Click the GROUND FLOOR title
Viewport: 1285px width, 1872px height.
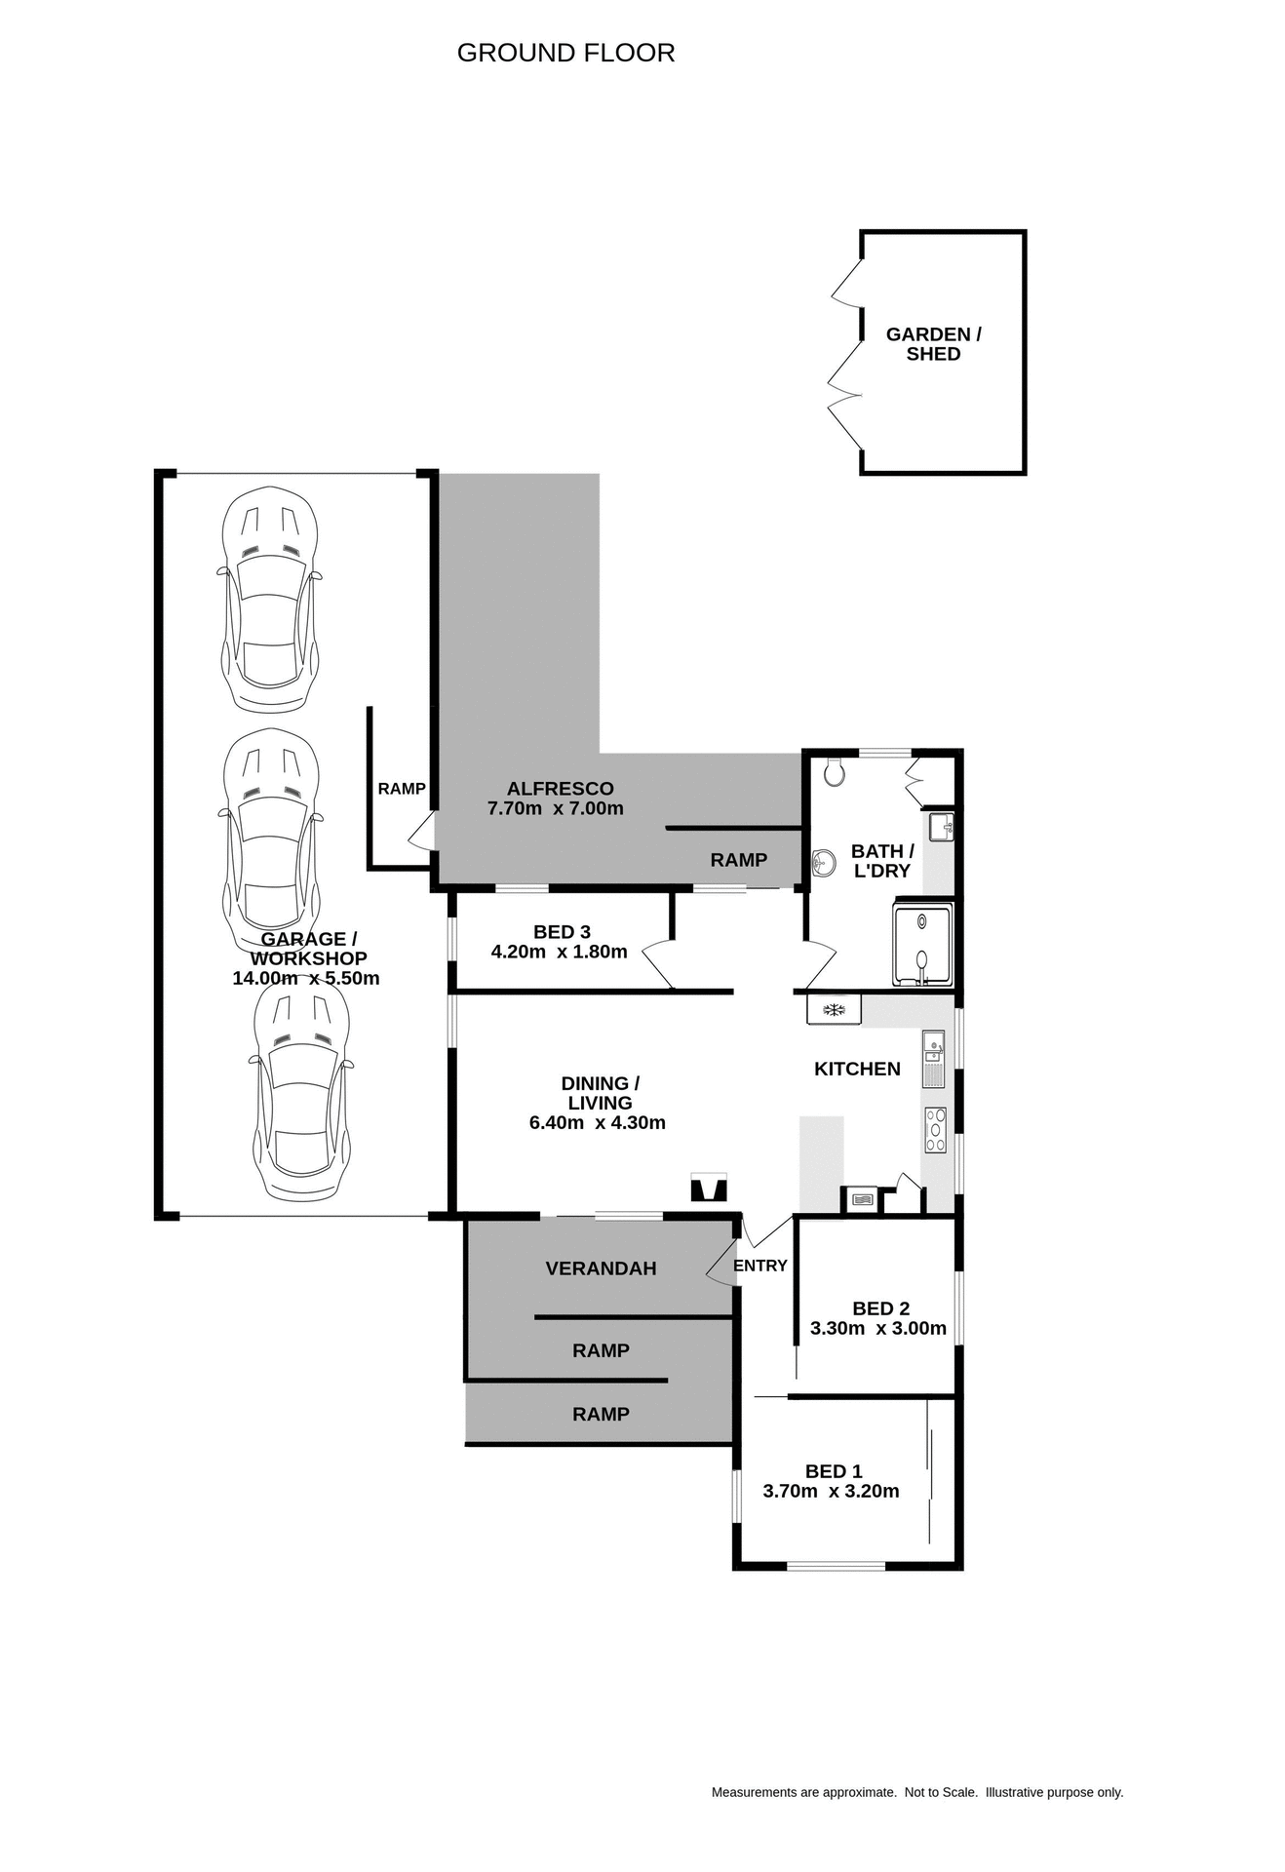pos(565,53)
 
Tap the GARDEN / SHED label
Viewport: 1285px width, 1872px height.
pos(933,344)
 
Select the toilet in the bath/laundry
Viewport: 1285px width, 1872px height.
pos(834,772)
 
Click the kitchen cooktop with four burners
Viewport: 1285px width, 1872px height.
pos(935,1130)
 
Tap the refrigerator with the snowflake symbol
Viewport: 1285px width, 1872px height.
pos(834,1009)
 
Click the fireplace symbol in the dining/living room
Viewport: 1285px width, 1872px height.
pos(708,1189)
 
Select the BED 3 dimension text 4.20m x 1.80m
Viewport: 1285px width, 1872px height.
pos(559,952)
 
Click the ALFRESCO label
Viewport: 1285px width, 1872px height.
pos(560,789)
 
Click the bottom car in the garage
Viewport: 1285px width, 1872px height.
pos(300,1090)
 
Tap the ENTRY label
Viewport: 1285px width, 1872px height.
pos(759,1266)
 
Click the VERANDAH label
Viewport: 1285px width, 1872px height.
pos(601,1268)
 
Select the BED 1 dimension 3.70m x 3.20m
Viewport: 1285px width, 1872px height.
pos(831,1491)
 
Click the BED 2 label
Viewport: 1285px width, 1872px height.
pos(880,1308)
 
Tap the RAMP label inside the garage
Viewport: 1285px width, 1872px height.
pos(402,789)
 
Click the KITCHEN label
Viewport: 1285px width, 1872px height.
pos(857,1069)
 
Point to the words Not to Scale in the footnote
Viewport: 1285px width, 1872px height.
pos(940,1792)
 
